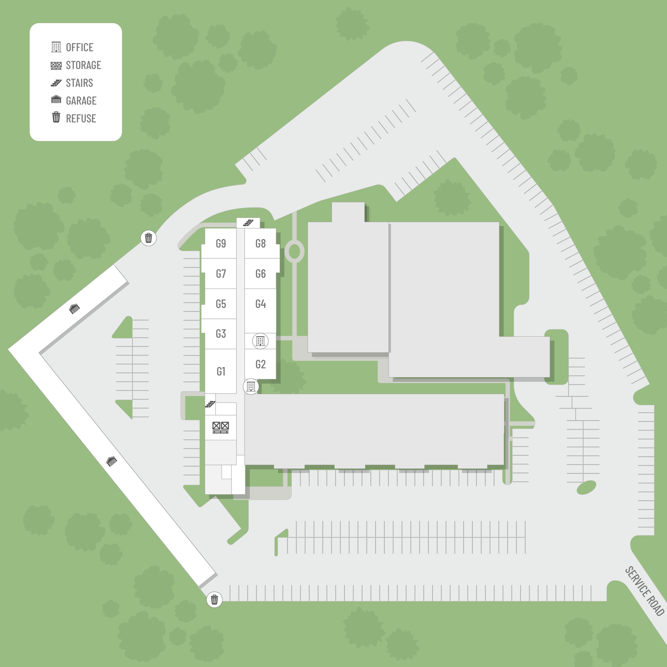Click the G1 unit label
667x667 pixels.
tap(221, 371)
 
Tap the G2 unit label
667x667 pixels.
tap(261, 364)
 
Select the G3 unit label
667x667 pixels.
tap(221, 333)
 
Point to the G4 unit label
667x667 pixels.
tap(261, 304)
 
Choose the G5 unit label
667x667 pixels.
tap(221, 304)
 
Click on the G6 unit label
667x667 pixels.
tap(261, 273)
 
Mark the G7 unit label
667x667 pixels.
tap(221, 273)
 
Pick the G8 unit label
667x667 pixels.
tap(261, 243)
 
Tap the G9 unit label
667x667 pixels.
tap(221, 243)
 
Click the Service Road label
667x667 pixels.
tap(645, 591)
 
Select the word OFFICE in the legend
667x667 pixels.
tap(80, 47)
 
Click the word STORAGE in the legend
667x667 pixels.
tap(84, 65)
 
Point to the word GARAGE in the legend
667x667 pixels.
tap(81, 100)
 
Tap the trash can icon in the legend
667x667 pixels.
tap(56, 117)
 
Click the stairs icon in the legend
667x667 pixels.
tap(56, 83)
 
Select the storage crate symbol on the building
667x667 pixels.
tap(221, 427)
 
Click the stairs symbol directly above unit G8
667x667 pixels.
tap(248, 223)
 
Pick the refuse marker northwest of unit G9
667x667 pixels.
tap(149, 238)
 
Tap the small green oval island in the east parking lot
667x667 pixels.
tap(587, 488)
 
